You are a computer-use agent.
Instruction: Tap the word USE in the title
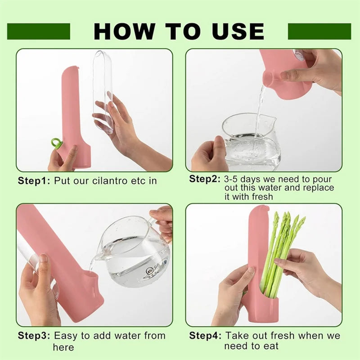coord(238,31)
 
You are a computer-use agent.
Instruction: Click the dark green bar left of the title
coord(39,31)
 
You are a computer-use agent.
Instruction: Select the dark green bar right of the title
coord(319,31)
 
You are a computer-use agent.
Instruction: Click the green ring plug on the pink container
coord(55,143)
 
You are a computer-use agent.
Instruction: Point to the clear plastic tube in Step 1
coord(103,92)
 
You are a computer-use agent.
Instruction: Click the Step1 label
coord(34,181)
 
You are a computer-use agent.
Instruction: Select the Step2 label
coord(205,179)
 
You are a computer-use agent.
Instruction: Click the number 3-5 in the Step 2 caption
coord(231,179)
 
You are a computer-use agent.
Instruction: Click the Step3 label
coord(34,336)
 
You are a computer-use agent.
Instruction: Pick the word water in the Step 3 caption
coord(127,336)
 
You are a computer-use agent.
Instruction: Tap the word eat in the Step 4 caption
coord(271,346)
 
